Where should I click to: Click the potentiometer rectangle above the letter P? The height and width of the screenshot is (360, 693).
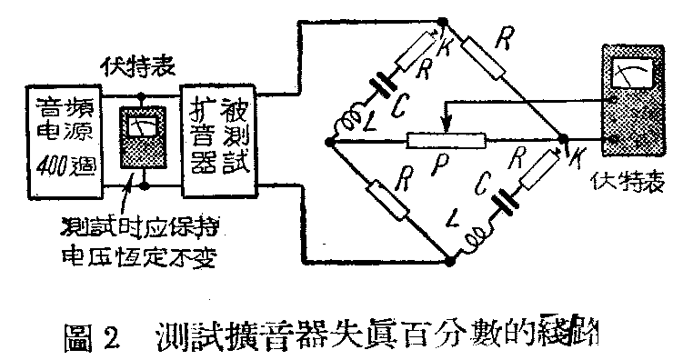tap(447, 141)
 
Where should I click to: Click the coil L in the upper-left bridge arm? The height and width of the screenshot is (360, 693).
tap(348, 122)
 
